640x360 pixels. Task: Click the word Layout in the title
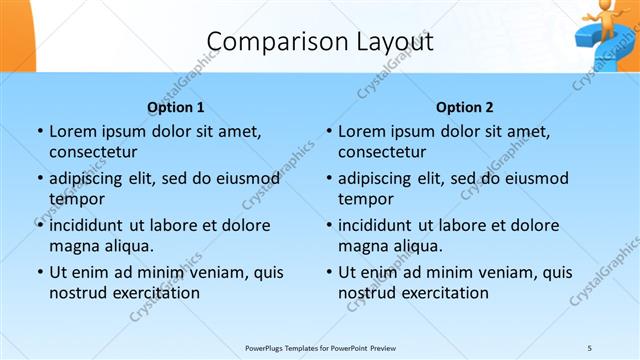tap(387, 42)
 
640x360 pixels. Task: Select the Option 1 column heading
tap(176, 107)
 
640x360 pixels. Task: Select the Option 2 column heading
tap(465, 107)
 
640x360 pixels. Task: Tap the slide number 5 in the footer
tap(589, 347)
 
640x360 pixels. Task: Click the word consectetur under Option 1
tap(93, 153)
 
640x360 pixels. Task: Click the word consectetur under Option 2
tap(382, 153)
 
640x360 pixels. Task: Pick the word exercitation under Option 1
tap(155, 293)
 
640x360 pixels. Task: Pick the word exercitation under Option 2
tap(444, 293)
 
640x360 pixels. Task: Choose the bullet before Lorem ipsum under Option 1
tap(39, 132)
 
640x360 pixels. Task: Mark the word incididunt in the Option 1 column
tap(89, 225)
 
